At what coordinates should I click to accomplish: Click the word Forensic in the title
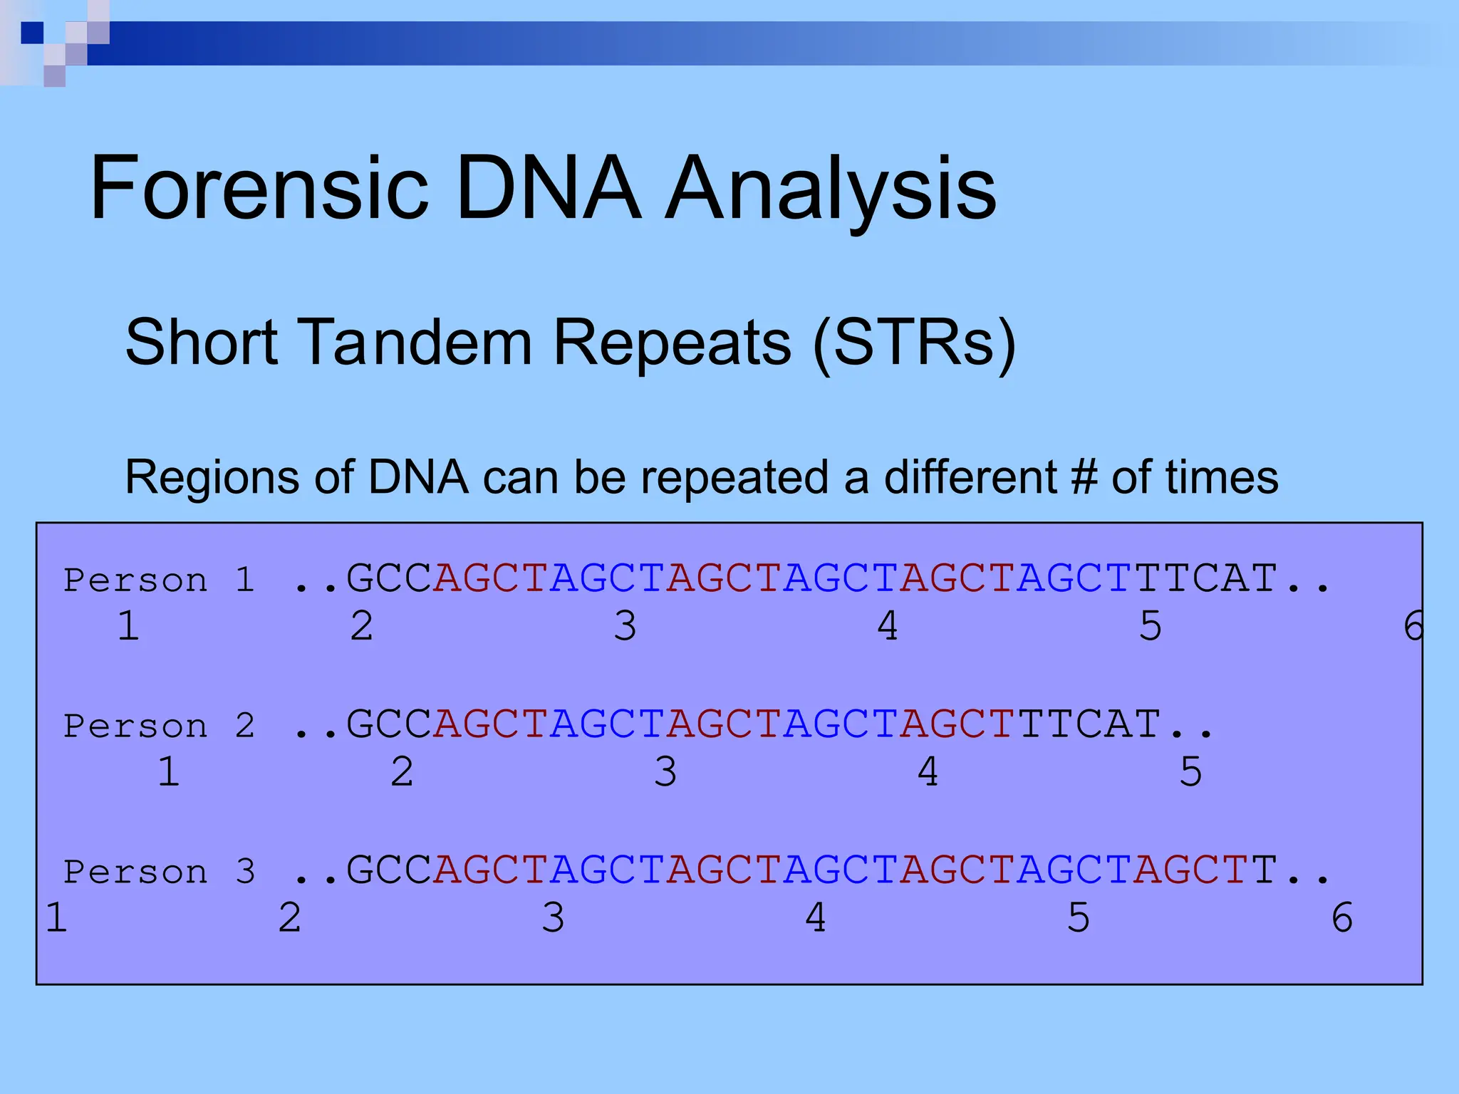(259, 189)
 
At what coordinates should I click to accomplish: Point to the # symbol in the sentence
(1084, 476)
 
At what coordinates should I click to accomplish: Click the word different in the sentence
(970, 476)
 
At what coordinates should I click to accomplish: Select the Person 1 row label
(159, 580)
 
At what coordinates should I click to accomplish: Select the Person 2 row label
(159, 726)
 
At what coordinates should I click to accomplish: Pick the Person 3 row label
(159, 872)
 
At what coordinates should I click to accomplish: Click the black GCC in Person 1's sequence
(389, 578)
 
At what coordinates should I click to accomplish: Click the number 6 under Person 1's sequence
(1412, 626)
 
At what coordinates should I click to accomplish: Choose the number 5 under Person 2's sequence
(1190, 772)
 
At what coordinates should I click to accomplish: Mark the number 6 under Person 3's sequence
(1342, 917)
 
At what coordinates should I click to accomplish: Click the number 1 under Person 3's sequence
(56, 917)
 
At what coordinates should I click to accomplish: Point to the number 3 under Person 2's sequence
(665, 772)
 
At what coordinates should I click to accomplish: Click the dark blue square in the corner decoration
(32, 33)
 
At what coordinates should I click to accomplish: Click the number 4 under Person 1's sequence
(888, 626)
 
